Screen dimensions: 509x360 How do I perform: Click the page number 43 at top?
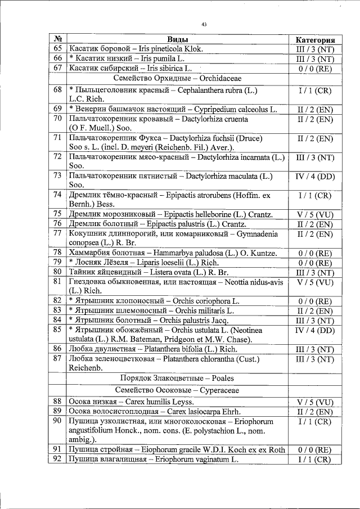pyautogui.click(x=204, y=24)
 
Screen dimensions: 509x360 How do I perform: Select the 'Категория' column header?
pyautogui.click(x=315, y=40)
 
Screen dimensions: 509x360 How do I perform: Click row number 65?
pyautogui.click(x=57, y=49)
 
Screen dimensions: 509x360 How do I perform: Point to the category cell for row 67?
pyautogui.click(x=315, y=68)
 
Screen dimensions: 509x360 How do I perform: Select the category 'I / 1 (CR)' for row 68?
pyautogui.click(x=315, y=90)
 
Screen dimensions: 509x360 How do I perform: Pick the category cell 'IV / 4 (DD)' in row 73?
pyautogui.click(x=315, y=177)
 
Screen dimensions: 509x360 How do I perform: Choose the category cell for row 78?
pyautogui.click(x=315, y=253)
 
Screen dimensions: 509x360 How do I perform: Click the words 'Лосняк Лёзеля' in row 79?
pyautogui.click(x=102, y=262)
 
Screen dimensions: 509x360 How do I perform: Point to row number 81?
pyautogui.click(x=57, y=281)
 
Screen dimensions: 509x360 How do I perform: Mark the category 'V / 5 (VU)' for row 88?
pyautogui.click(x=315, y=402)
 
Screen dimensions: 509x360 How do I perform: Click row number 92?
pyautogui.click(x=57, y=459)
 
